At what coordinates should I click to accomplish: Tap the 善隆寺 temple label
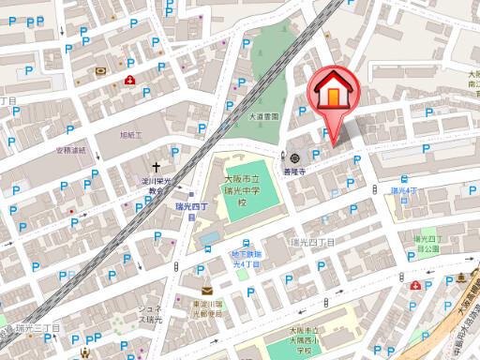[x=295, y=171]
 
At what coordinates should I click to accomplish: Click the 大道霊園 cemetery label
[x=264, y=116]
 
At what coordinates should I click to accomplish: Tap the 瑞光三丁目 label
[x=37, y=328]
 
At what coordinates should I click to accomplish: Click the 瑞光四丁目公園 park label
[x=427, y=244]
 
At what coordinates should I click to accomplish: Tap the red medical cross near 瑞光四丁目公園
[x=414, y=284]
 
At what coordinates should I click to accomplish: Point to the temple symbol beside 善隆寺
[x=295, y=157]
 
